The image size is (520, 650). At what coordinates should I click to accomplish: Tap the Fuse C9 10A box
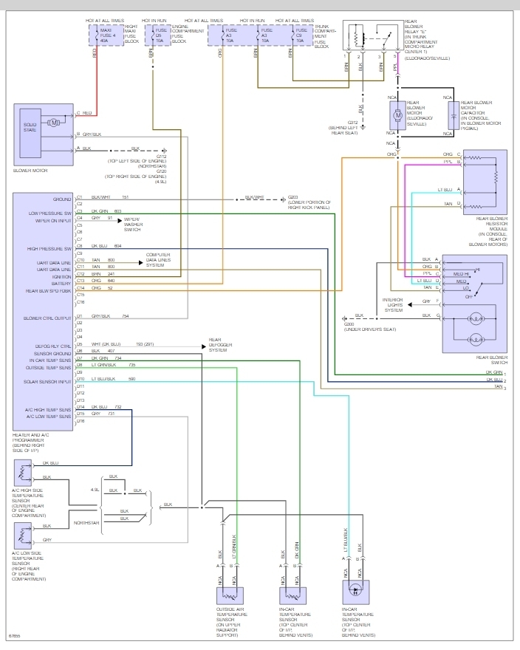point(300,34)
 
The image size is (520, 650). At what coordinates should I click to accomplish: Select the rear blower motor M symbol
point(397,114)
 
